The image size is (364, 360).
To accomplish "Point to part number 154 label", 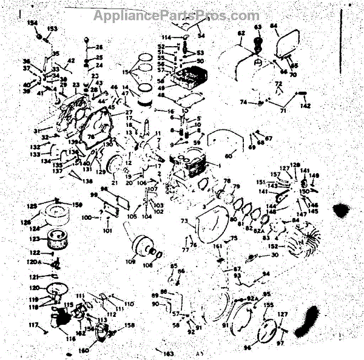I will (32, 22).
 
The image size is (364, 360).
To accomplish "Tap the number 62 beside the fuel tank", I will (241, 33).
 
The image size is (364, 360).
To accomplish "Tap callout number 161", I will (217, 246).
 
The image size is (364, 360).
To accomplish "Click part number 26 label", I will (99, 47).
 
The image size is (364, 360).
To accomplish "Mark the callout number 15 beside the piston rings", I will (126, 72).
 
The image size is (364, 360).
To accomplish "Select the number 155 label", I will (269, 305).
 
